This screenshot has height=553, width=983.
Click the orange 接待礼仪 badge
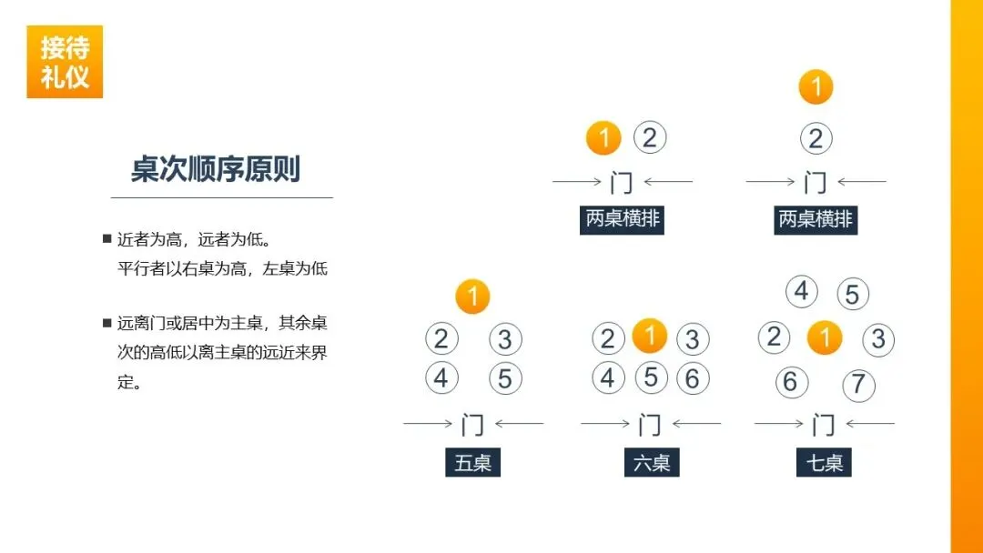point(65,62)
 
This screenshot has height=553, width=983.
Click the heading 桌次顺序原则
point(216,169)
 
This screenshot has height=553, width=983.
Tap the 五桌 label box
point(473,463)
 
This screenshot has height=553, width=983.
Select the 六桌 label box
point(652,463)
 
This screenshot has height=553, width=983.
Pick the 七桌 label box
point(825,463)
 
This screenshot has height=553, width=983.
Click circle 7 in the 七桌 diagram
point(858,384)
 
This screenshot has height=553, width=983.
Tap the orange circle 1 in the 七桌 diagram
point(825,339)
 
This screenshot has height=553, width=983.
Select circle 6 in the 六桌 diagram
point(693,377)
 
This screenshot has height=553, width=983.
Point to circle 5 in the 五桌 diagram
point(505,378)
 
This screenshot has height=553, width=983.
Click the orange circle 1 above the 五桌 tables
point(472,297)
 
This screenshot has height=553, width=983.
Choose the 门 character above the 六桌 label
point(649,424)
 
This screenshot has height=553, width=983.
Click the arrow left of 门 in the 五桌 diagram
point(428,423)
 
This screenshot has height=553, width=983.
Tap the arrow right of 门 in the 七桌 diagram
point(868,423)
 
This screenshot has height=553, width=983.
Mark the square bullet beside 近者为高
point(106,239)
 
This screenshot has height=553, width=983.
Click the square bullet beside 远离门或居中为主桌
point(106,323)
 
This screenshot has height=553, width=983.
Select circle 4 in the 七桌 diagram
point(801,291)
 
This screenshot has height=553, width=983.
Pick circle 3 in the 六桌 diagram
point(693,339)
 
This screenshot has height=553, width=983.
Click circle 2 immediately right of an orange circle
point(649,138)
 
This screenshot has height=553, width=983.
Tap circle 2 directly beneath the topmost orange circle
point(816,139)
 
